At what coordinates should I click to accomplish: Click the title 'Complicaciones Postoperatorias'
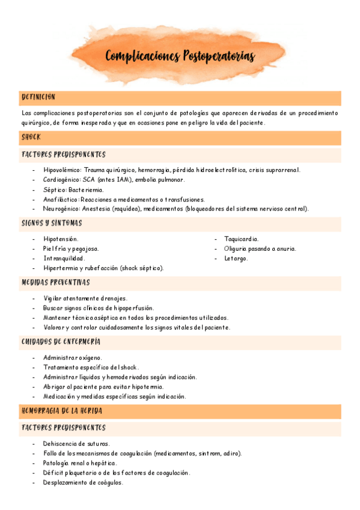click(x=180, y=57)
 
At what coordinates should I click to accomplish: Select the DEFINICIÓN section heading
click(x=38, y=97)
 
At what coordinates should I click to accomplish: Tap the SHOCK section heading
click(x=31, y=137)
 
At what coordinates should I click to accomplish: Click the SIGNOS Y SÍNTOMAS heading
click(x=52, y=223)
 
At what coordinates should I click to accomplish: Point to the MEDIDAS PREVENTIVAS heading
click(x=55, y=282)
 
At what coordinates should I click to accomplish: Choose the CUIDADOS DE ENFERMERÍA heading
click(x=61, y=342)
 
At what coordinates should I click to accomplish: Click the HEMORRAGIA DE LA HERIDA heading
click(x=61, y=411)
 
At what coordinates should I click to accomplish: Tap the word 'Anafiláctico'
click(x=61, y=199)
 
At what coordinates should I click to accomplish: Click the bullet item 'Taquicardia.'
click(x=241, y=239)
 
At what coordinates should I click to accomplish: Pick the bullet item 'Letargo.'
click(x=236, y=258)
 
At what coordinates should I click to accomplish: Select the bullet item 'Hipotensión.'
click(x=61, y=239)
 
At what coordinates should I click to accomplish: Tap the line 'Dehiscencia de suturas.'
click(x=76, y=444)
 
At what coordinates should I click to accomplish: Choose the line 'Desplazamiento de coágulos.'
click(x=83, y=482)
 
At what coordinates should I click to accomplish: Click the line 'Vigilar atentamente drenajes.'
click(x=85, y=298)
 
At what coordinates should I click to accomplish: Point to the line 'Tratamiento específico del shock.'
click(x=91, y=367)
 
